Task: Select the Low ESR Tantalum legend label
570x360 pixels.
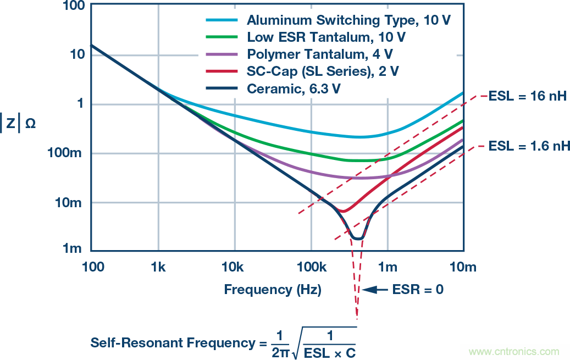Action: coord(326,37)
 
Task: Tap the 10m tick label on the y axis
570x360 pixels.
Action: coord(70,203)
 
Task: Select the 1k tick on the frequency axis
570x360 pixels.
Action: coord(158,268)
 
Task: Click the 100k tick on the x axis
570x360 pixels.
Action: coord(311,268)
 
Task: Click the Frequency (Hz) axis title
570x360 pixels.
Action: coord(273,289)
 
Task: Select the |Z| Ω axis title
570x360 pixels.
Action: coord(20,124)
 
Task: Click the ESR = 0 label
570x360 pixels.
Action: coord(417,289)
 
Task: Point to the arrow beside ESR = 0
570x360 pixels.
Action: coord(375,289)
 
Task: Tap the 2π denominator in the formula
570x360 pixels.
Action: coord(279,350)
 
